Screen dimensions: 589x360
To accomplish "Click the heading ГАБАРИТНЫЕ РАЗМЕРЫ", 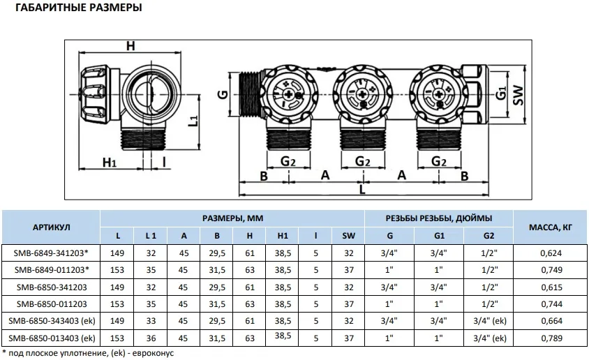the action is [78, 8].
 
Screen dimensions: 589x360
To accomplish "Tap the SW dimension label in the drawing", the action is [518, 95].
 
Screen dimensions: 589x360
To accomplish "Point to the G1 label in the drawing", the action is [501, 93].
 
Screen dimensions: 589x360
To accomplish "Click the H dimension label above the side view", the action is [131, 46].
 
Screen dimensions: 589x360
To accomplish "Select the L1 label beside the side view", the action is [193, 121].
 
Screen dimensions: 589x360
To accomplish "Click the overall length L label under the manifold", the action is [362, 190].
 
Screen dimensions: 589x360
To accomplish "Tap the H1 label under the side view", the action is [110, 163].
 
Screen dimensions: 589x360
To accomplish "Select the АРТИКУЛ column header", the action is [51, 227].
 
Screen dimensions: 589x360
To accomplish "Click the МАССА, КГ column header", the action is [551, 227].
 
